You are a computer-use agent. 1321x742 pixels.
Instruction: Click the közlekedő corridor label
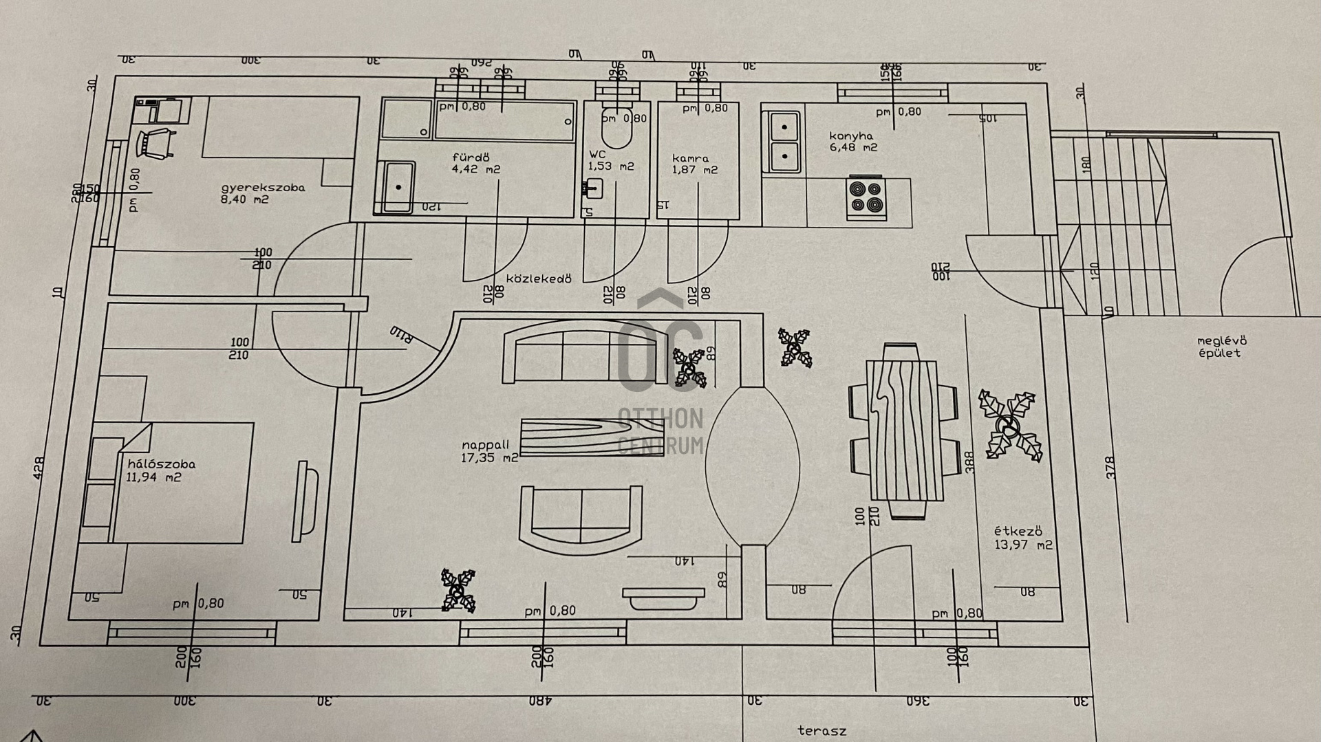539,279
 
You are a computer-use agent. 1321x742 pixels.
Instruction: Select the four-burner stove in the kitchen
866,197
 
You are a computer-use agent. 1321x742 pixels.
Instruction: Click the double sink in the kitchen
784,142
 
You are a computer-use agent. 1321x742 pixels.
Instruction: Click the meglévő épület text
1221,347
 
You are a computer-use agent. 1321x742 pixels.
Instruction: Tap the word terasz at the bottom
821,730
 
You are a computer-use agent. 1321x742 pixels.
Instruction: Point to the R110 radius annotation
402,335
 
